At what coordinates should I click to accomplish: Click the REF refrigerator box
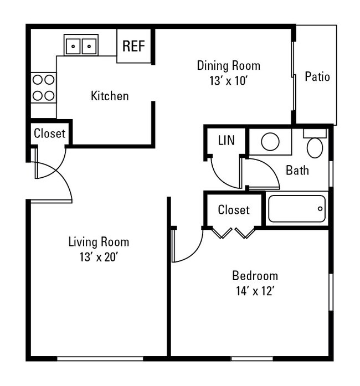[133, 45]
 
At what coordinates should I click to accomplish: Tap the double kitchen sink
[81, 45]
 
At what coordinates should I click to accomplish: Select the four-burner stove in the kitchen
[43, 88]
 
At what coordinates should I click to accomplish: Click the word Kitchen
[110, 96]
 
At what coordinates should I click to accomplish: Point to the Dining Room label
[228, 65]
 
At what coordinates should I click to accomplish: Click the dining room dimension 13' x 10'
[228, 80]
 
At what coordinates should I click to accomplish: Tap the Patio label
[317, 76]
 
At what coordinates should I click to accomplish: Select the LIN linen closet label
[226, 141]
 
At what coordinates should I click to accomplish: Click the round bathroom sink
[270, 142]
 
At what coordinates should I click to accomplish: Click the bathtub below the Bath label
[297, 209]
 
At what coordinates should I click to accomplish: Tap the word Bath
[297, 170]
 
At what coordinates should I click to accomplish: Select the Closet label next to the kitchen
[49, 133]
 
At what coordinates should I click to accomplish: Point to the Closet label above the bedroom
[233, 210]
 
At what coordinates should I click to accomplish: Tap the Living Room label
[99, 242]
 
